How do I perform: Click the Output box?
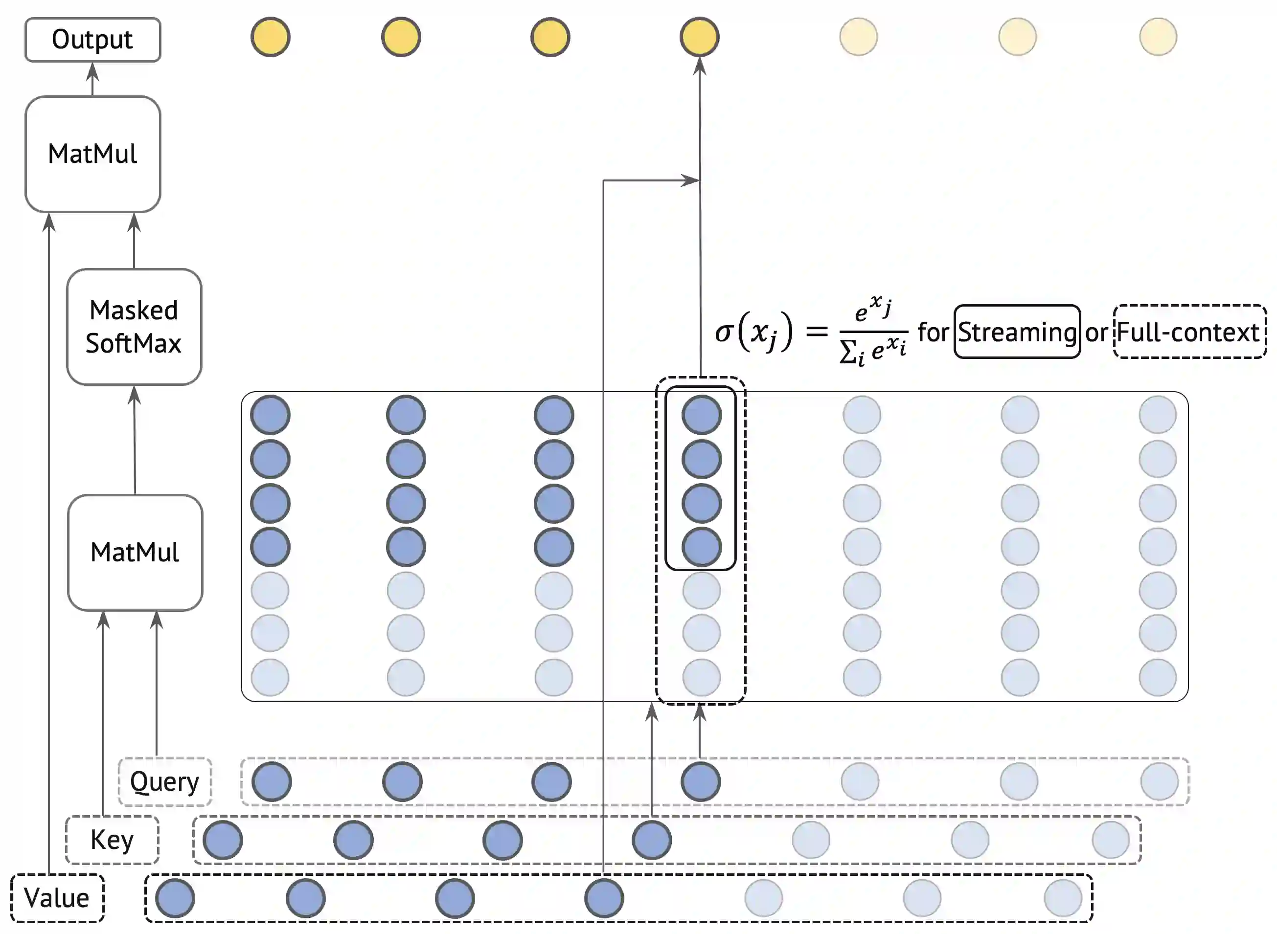pos(93,40)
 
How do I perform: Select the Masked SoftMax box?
pos(134,327)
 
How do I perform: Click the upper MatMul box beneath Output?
pos(93,154)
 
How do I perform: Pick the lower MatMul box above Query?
pos(135,553)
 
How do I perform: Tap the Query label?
pos(164,782)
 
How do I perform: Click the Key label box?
pos(112,840)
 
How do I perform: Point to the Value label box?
pos(57,898)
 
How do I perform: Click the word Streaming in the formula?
pos(1017,332)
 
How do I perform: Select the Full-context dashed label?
pos(1189,332)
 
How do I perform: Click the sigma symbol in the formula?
pos(724,332)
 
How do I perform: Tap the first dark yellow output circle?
pos(271,37)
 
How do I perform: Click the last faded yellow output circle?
pos(1158,37)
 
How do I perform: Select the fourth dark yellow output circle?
pos(700,37)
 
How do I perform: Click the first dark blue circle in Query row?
pos(272,782)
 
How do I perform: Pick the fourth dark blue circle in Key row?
pos(652,840)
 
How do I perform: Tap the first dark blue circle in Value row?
pos(175,898)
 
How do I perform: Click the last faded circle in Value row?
pos(1063,898)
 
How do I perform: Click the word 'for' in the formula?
pos(933,332)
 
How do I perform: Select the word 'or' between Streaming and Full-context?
pos(1096,333)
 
